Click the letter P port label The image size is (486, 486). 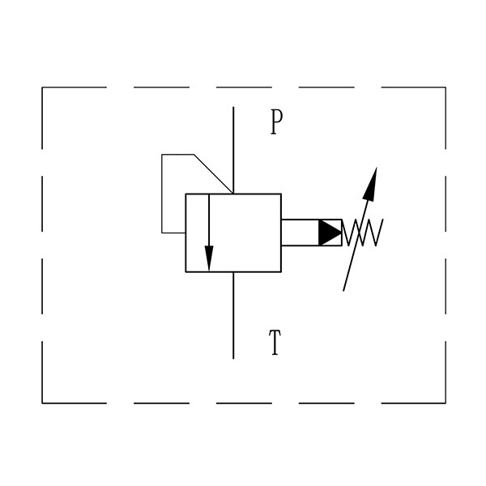pos(276,122)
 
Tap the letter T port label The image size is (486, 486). pos(275,342)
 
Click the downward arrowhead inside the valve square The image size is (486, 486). pos(209,258)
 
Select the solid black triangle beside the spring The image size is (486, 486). pos(330,232)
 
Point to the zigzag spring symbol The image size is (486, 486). pos(363,232)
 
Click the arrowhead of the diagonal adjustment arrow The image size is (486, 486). pos(371,184)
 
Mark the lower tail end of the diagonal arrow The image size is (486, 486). pos(343,291)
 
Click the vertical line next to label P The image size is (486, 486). pos(233,151)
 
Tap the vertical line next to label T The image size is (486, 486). pos(233,315)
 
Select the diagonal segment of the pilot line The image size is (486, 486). pos(213,173)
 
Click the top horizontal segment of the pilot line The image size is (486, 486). pos(177,155)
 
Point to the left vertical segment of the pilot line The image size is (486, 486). pos(162,194)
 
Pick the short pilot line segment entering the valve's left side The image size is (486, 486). pos(173,232)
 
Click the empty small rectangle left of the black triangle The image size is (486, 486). pos(300,232)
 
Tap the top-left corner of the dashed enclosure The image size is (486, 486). pos(42,87)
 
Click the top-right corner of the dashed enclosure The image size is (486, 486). pos(446,87)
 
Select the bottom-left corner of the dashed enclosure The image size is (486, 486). pos(42,403)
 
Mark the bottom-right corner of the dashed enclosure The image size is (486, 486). pos(446,403)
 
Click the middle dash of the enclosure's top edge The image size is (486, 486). pos(244,87)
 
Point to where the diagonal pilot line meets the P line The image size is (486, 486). pos(233,194)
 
